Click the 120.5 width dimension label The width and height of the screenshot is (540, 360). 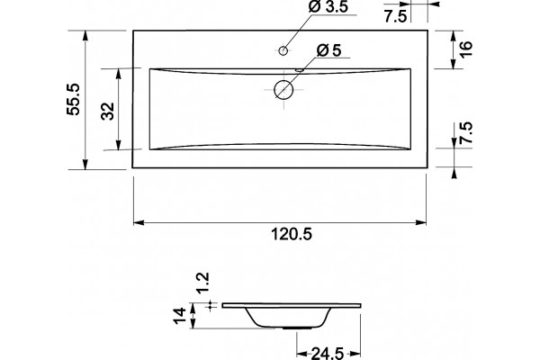point(292,235)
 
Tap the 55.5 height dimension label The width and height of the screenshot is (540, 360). point(74,99)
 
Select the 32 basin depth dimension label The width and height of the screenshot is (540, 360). point(108,111)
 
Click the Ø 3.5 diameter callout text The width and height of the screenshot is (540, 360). point(328,7)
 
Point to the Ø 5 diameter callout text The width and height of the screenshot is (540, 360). point(328,50)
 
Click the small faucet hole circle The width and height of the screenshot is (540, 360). point(283,50)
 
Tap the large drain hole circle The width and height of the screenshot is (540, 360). point(283,90)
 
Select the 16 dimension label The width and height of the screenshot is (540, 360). point(465,49)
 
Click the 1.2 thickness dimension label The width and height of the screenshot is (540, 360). point(202,283)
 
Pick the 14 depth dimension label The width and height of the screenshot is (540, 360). point(180,315)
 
